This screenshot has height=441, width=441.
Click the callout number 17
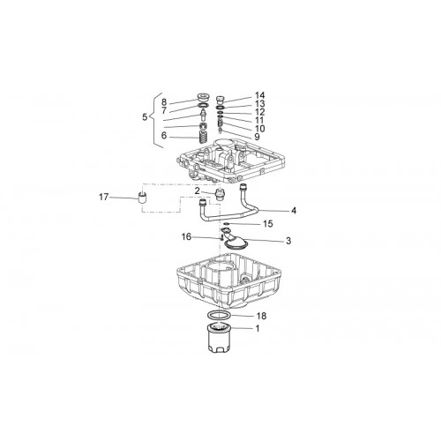coord(103,197)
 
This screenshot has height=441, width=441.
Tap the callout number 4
coord(294,211)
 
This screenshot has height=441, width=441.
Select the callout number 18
coord(261,316)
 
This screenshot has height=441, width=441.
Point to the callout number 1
coord(258,328)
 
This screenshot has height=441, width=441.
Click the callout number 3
coord(288,241)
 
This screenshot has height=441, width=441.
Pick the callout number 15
coord(268,224)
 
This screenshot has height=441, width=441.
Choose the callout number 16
coord(186,236)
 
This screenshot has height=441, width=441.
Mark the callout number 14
coord(259,95)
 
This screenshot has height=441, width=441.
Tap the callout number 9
coord(257,137)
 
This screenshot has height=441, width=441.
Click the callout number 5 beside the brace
coord(145,117)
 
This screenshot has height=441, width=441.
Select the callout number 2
coord(197,191)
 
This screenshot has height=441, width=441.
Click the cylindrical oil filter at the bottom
coord(220,337)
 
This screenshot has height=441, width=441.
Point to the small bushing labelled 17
coord(143,199)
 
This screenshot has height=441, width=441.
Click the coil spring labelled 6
coord(203,138)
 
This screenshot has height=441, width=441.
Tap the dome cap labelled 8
coord(203,97)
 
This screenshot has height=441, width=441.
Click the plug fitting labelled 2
coord(220,194)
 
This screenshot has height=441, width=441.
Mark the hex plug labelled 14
coord(220,100)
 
